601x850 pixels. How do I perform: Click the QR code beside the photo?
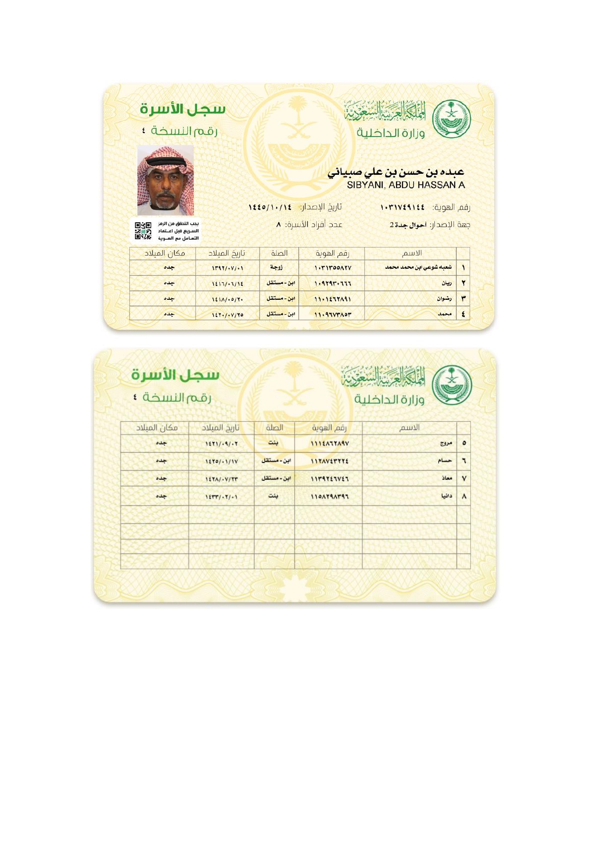click(x=143, y=231)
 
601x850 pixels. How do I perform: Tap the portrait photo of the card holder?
click(x=166, y=181)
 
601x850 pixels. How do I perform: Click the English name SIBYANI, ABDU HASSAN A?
click(x=406, y=185)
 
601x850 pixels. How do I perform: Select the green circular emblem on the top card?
click(x=451, y=119)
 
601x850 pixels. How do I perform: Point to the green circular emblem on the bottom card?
click(x=451, y=385)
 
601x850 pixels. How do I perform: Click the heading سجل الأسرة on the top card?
click(x=183, y=109)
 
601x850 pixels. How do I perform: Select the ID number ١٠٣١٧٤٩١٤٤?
click(x=402, y=208)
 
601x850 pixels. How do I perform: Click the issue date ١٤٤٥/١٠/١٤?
click(x=270, y=207)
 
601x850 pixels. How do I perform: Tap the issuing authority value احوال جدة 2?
click(x=408, y=225)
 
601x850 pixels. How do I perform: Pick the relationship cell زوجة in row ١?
click(x=277, y=267)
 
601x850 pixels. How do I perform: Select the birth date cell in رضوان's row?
click(x=228, y=299)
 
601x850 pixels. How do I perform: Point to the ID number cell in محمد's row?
click(x=333, y=315)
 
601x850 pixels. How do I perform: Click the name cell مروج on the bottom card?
click(x=446, y=443)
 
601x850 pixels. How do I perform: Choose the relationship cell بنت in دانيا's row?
click(x=273, y=496)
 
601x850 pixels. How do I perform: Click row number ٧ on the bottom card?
click(x=464, y=479)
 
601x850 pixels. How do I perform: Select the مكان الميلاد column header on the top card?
click(x=165, y=253)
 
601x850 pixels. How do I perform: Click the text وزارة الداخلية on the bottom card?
click(x=389, y=399)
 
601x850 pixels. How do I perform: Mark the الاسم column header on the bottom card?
click(x=410, y=428)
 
